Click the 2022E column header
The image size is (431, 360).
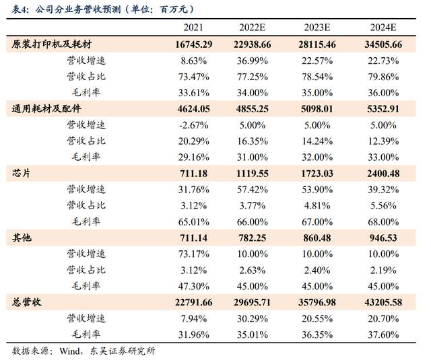255,28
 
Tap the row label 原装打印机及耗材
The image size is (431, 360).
52,44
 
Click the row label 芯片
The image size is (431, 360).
22,173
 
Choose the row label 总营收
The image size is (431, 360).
27,302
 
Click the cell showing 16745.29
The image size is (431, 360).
193,44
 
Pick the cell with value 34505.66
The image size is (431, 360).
383,44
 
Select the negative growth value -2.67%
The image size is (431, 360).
193,124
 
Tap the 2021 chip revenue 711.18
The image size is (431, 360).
193,173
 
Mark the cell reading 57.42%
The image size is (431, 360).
255,189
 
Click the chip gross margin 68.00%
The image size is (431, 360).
383,221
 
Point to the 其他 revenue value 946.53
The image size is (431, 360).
383,238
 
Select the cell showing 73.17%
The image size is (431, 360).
193,254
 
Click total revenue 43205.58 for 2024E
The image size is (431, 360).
383,302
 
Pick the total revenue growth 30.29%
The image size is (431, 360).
255,318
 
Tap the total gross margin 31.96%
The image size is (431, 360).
193,334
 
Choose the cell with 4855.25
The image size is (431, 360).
255,108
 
